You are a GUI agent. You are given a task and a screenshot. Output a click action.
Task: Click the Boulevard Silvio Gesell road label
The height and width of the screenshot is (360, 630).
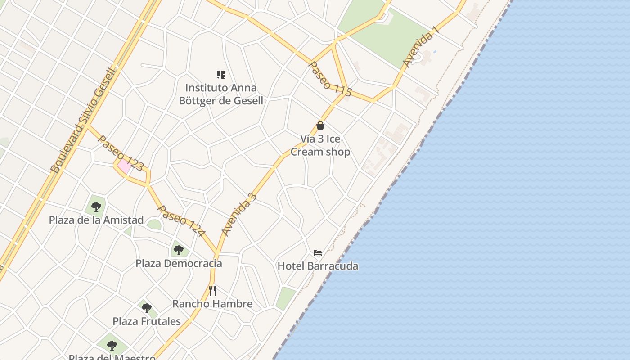[x=84, y=121]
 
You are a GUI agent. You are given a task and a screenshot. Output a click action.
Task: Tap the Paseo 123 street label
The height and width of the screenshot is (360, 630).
[x=121, y=153]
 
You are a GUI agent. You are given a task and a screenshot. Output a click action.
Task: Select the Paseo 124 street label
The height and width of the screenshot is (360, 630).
[x=181, y=221]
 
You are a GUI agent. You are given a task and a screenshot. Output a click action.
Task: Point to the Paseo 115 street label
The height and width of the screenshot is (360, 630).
[x=330, y=79]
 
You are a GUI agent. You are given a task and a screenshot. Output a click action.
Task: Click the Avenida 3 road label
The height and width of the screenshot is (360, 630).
[x=239, y=214]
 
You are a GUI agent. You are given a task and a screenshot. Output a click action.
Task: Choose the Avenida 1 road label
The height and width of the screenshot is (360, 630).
[x=420, y=47]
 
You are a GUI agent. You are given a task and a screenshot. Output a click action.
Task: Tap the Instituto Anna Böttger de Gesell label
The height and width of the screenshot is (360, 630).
[x=221, y=94]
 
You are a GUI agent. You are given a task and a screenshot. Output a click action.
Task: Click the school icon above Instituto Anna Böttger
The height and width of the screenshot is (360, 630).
[x=220, y=74]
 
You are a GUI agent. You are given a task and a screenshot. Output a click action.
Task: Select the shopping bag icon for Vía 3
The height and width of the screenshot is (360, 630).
[x=320, y=126]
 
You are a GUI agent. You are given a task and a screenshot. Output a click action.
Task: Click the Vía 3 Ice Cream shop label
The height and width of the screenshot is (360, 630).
[x=320, y=145]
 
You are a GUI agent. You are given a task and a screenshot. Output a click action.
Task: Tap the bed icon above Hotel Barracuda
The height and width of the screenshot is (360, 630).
[x=318, y=253]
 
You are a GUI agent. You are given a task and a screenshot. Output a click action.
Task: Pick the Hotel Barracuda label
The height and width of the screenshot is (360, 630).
[x=318, y=266]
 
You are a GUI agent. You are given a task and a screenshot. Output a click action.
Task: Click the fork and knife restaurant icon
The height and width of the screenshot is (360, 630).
[x=212, y=291]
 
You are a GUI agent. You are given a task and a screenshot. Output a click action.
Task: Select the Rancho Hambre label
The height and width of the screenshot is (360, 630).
[x=212, y=304]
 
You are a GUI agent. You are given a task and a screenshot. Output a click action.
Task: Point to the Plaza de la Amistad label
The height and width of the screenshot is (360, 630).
[x=96, y=220]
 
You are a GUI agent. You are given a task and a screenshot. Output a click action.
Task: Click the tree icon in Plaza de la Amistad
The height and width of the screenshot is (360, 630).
[x=96, y=207]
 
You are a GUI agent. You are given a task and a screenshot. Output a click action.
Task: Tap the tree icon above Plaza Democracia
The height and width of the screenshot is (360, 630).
[x=179, y=250]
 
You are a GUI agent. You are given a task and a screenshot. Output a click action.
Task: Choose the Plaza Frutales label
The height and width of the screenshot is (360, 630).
[x=147, y=321]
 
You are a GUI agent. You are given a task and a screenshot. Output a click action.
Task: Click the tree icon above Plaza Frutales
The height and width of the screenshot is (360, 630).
[x=146, y=308]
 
